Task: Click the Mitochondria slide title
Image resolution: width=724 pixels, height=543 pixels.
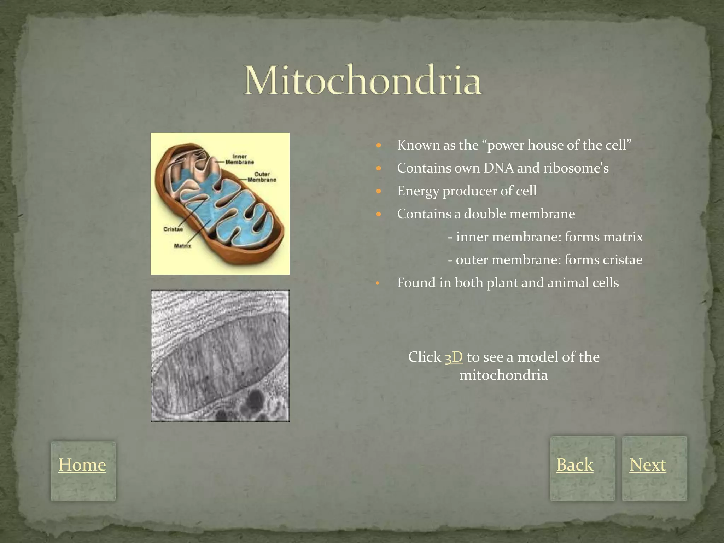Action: (x=363, y=80)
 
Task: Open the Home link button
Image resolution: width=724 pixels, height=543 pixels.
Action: (x=82, y=465)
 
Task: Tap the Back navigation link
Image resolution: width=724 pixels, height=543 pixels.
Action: (x=574, y=465)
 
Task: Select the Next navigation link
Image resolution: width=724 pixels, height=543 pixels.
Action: (x=648, y=465)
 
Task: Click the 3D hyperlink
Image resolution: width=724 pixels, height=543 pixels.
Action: (x=454, y=357)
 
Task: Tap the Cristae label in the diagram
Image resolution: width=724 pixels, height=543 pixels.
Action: (x=173, y=229)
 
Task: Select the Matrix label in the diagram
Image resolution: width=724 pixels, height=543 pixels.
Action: (x=182, y=246)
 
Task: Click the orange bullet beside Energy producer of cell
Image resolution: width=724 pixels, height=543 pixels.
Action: (x=379, y=191)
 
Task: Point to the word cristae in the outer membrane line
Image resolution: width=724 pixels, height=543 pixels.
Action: (x=622, y=260)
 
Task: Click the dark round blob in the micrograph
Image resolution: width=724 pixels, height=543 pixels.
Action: (x=253, y=399)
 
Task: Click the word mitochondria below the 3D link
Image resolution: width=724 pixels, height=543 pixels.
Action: (x=503, y=375)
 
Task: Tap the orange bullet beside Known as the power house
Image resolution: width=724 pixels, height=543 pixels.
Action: (x=379, y=145)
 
